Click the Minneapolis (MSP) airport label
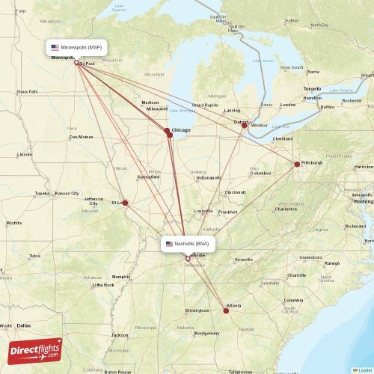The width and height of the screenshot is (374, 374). pyautogui.click(x=76, y=47)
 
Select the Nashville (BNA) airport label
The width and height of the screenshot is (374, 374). pyautogui.click(x=189, y=244)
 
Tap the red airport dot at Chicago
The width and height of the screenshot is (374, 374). pyautogui.click(x=168, y=132)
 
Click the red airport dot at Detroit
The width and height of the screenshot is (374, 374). pyautogui.click(x=244, y=126)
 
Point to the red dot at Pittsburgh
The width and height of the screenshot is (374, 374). pyautogui.click(x=297, y=164)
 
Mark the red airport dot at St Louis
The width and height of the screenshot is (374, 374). pyautogui.click(x=125, y=203)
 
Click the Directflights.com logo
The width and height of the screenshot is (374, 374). pyautogui.click(x=35, y=350)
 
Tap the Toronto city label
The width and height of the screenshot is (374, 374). pyautogui.click(x=312, y=89)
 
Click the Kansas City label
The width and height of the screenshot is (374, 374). pyautogui.click(x=67, y=193)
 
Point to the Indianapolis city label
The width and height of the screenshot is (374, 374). pyautogui.click(x=209, y=178)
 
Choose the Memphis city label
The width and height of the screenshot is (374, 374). pyautogui.click(x=121, y=276)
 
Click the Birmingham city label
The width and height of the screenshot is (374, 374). pyautogui.click(x=197, y=310)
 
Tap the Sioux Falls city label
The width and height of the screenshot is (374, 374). pyautogui.click(x=28, y=91)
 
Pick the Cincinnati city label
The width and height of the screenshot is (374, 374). pyautogui.click(x=235, y=192)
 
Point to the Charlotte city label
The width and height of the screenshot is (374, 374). pyautogui.click(x=296, y=275)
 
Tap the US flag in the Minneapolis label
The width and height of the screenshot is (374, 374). pyautogui.click(x=55, y=47)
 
